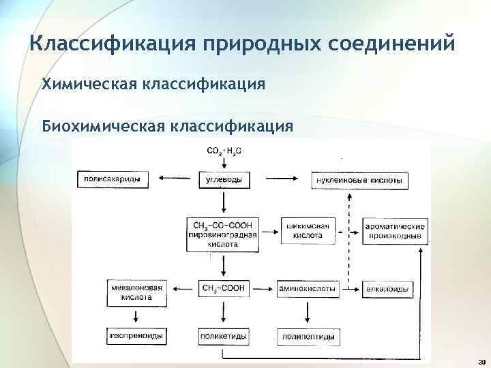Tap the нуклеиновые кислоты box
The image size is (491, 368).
[359, 181]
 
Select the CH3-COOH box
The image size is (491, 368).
[224, 289]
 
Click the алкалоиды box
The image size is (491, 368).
[387, 290]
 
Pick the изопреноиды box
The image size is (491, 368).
[136, 337]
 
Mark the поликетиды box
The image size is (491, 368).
[223, 337]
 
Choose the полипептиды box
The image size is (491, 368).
[308, 337]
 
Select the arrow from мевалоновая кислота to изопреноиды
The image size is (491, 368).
[136, 317]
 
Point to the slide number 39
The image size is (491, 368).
[481, 361]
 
